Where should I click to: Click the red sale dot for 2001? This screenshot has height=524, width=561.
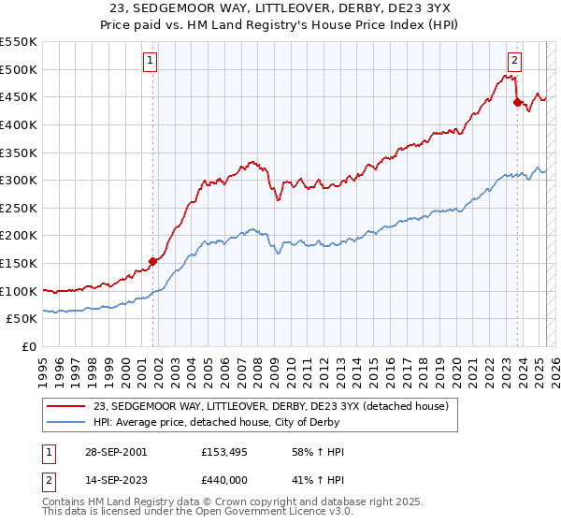[x=153, y=261]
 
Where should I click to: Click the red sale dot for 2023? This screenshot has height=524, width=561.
[x=517, y=103]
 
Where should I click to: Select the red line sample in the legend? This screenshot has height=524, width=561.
[x=66, y=406]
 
